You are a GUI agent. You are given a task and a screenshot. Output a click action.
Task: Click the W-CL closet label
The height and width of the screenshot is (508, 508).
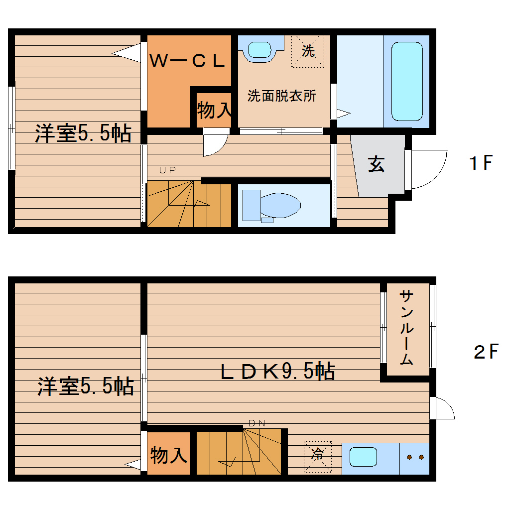[188, 61]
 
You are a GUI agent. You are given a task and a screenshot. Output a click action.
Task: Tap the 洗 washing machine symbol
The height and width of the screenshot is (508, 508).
[308, 50]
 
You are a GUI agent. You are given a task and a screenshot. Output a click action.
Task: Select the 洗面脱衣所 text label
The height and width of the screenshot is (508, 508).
[282, 96]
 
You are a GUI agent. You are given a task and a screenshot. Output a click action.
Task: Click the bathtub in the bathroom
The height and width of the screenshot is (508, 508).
[407, 81]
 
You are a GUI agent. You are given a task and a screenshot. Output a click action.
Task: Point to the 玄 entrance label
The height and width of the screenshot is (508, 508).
[376, 164]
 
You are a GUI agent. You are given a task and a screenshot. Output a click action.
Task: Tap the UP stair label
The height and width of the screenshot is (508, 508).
[167, 170]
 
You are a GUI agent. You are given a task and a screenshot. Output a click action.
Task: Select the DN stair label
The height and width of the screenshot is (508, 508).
[257, 423]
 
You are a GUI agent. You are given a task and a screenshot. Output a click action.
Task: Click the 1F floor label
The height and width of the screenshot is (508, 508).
[481, 163]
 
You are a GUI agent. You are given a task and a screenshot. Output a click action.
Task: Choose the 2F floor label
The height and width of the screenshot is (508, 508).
[486, 352]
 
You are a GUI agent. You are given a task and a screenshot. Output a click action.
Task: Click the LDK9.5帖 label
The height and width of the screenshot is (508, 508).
[277, 372]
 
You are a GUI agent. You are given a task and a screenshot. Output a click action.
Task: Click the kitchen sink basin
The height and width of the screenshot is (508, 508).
[363, 457]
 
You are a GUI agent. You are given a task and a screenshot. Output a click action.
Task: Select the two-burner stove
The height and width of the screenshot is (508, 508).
[414, 457]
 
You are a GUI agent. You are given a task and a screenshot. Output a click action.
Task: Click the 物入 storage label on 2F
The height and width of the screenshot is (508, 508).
[169, 455]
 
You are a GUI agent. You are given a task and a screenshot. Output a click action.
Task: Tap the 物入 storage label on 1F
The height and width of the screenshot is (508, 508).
[214, 111]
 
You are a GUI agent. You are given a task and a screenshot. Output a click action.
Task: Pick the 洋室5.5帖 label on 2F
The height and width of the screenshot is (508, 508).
[86, 386]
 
